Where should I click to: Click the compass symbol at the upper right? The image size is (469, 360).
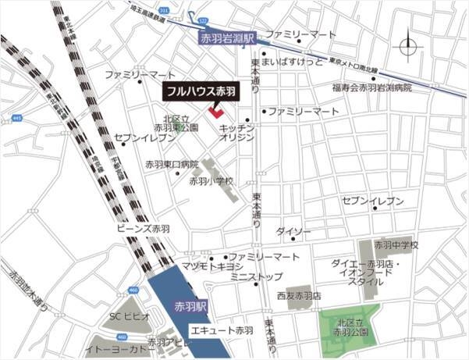click(409, 48)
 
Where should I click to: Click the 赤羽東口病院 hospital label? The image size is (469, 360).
click(172, 164)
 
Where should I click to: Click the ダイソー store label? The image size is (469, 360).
click(293, 232)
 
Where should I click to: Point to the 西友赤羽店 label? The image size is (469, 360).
click(299, 297)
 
